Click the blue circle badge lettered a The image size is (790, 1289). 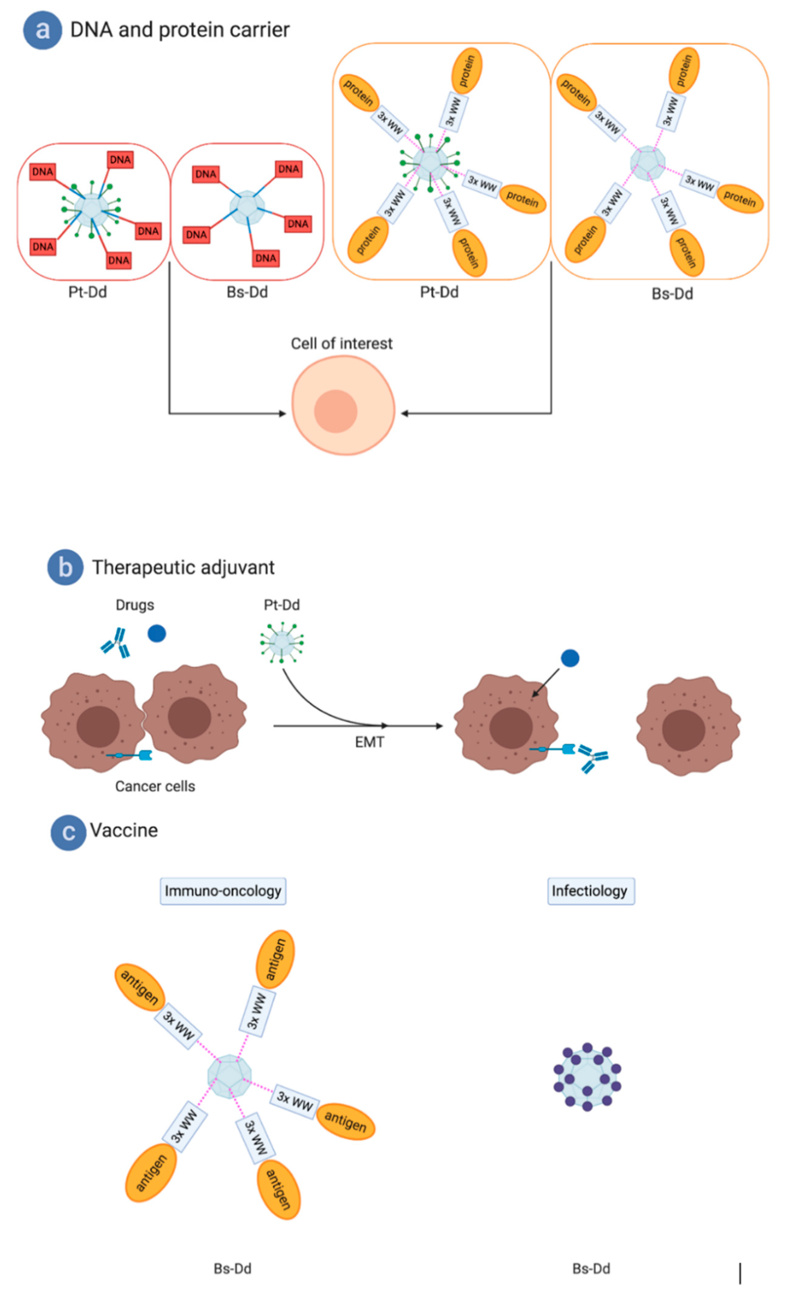(x=42, y=30)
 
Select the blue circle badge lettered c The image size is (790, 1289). (x=68, y=832)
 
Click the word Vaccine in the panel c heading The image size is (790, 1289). (x=124, y=830)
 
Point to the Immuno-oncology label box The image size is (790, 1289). (x=223, y=891)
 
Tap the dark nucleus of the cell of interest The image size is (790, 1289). (x=335, y=411)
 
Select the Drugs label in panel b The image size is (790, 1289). (x=135, y=605)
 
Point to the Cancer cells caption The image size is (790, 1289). (x=155, y=786)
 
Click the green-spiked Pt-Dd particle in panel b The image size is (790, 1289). (x=282, y=642)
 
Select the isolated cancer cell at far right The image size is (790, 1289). (x=687, y=727)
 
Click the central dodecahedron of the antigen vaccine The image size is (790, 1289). (x=229, y=1076)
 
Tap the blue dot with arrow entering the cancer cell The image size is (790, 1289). (x=570, y=658)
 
